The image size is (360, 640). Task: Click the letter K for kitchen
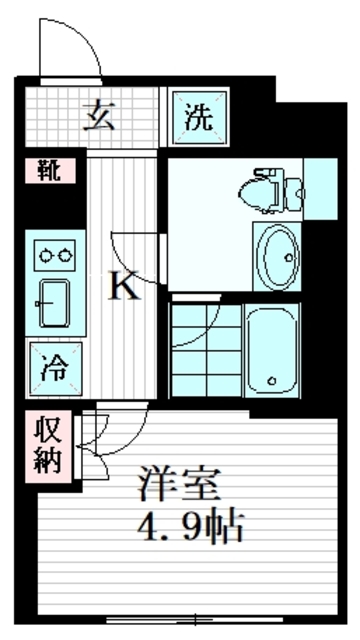123,288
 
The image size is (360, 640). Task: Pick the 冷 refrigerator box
51,366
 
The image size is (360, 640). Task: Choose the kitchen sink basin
53,299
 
